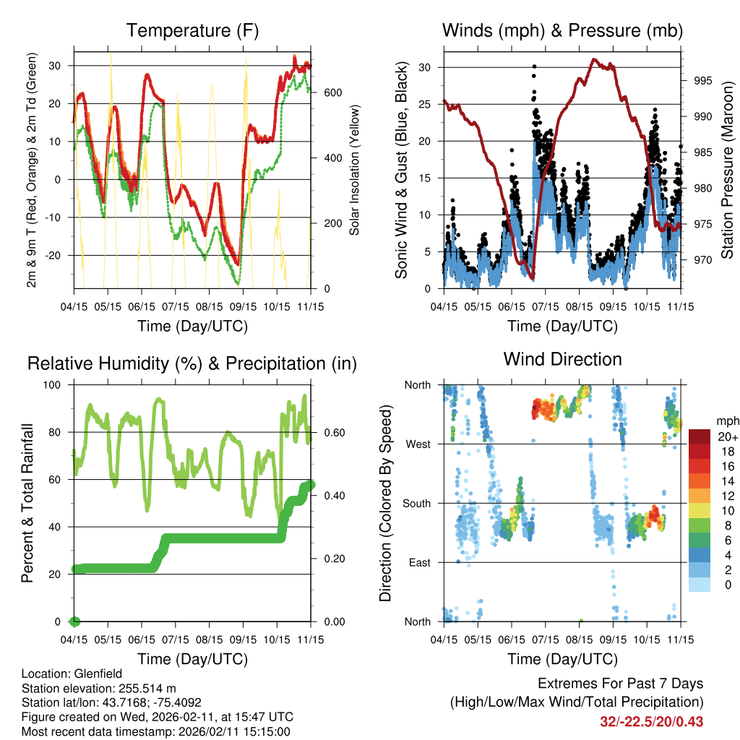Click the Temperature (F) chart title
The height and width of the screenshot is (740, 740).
[x=192, y=30]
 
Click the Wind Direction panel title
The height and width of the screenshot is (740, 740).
[x=562, y=359]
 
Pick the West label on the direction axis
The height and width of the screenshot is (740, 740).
[x=418, y=444]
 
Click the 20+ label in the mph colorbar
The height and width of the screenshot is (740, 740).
[x=726, y=436]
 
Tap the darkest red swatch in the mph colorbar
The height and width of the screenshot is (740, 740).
[x=699, y=436]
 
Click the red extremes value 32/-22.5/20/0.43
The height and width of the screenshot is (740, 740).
[x=651, y=721]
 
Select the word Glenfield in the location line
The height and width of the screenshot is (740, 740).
[x=91, y=674]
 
